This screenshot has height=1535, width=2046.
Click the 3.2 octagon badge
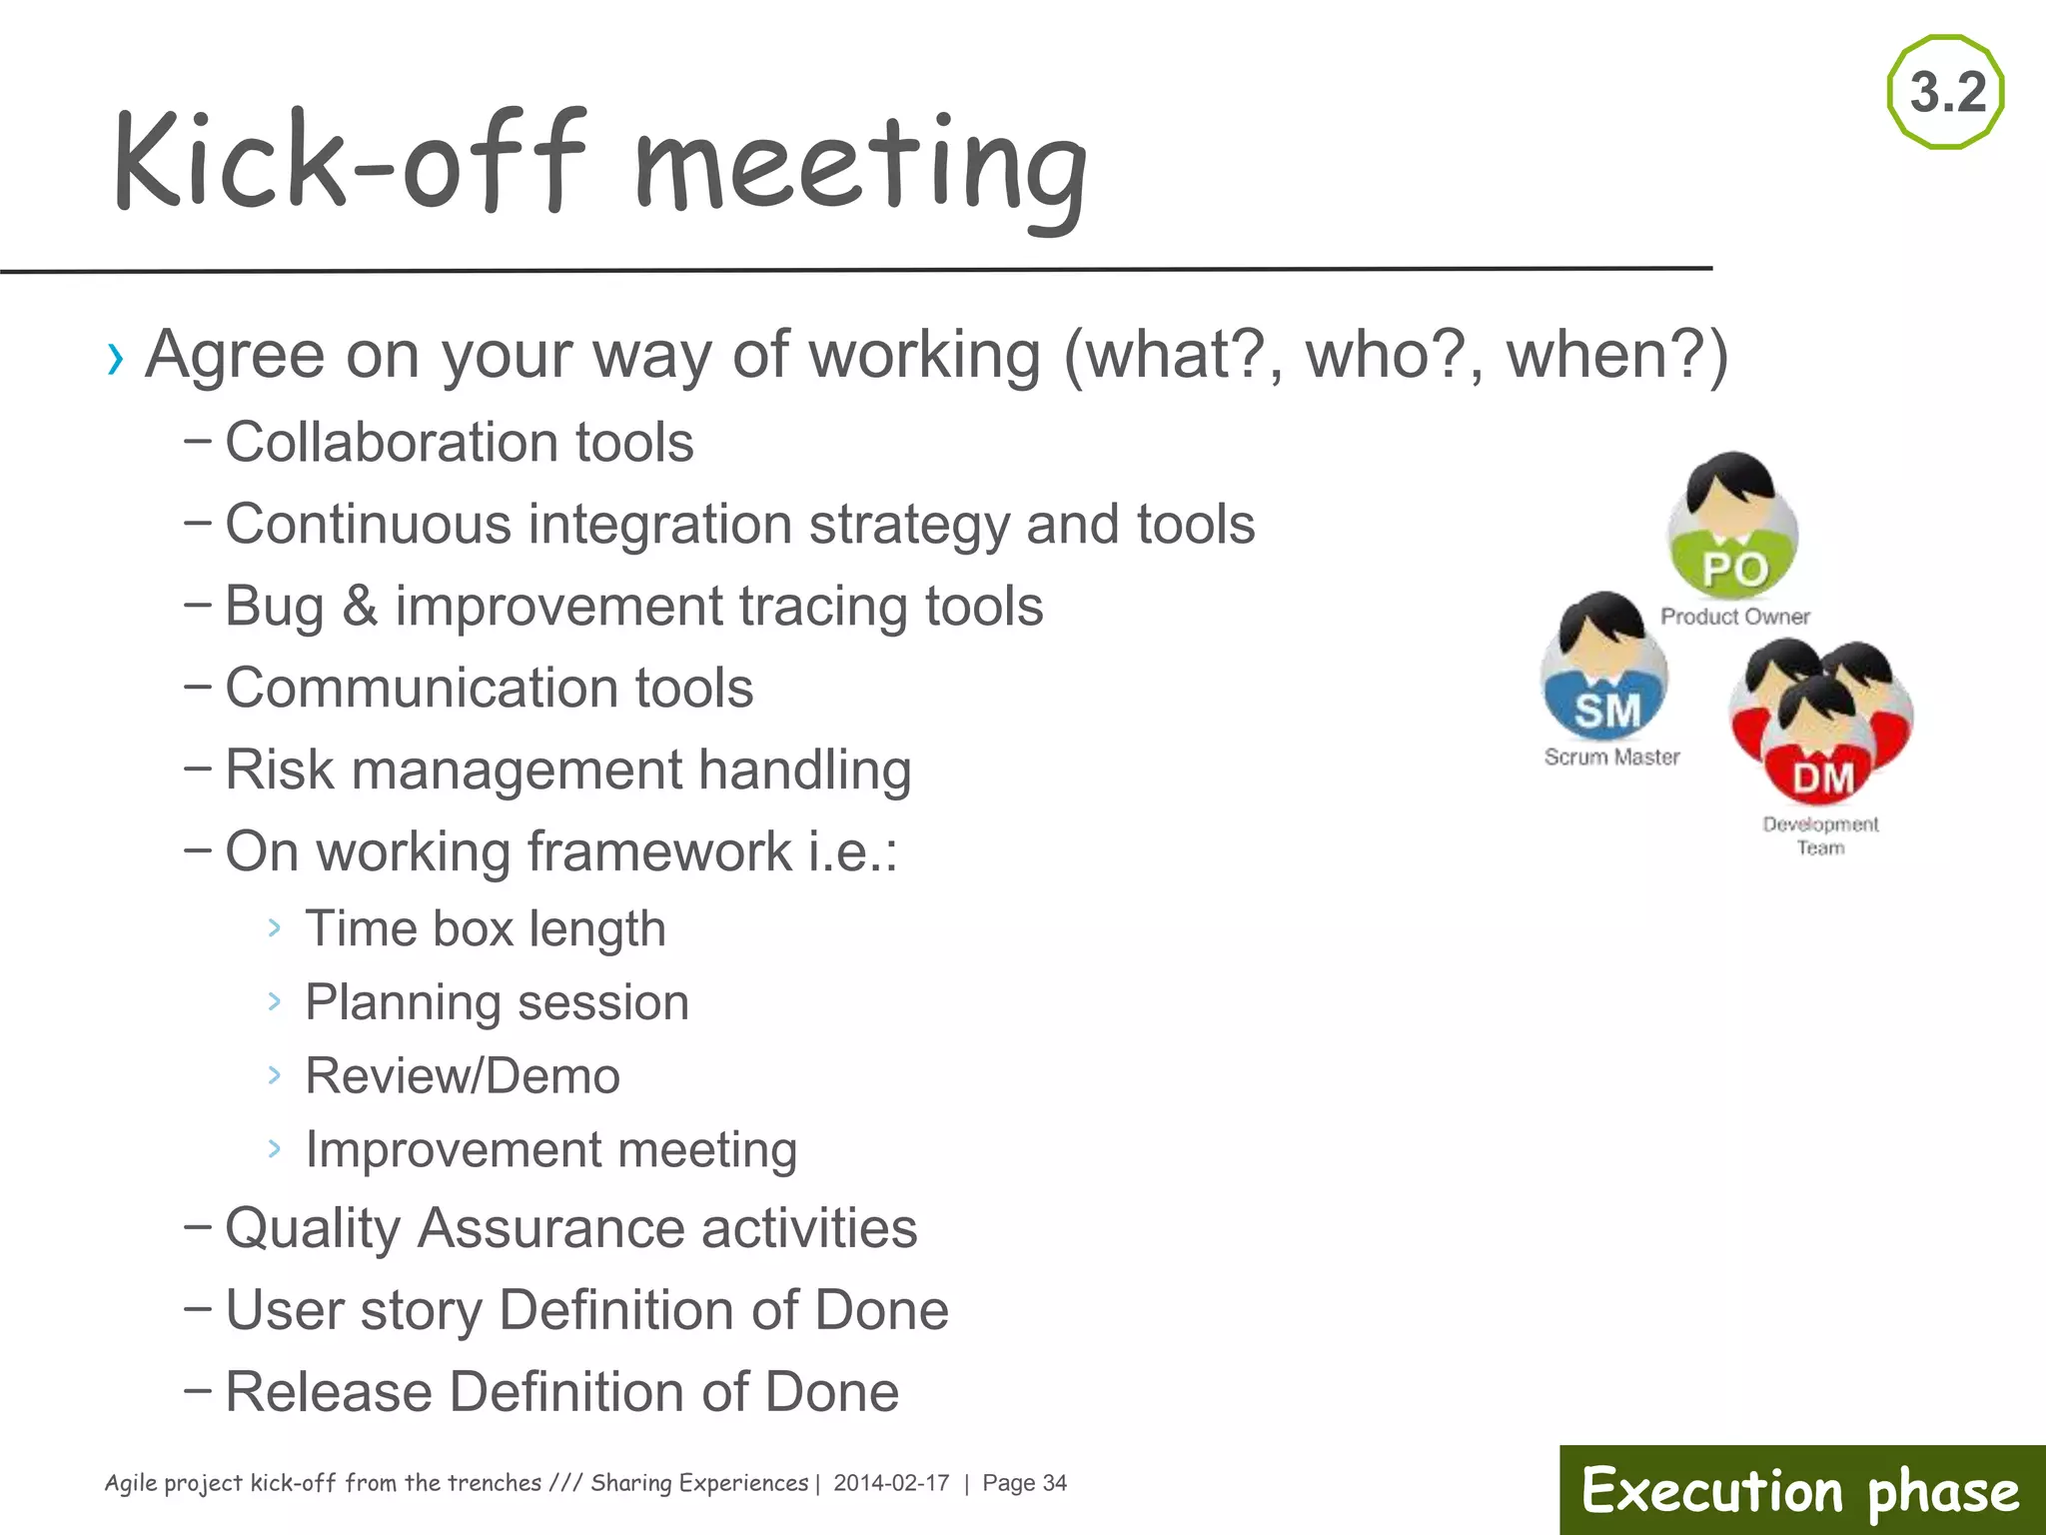coord(1946,92)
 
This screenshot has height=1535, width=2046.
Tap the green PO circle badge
coord(1734,568)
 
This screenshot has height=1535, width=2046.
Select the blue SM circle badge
coord(1606,710)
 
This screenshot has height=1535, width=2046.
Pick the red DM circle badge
coord(1822,777)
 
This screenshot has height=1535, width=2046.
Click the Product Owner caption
coord(1735,617)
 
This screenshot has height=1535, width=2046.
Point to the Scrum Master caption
coord(1611,757)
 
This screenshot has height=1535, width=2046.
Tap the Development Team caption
coord(1820,835)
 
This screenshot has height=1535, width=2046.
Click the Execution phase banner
coord(1801,1490)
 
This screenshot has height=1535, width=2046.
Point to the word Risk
coord(279,769)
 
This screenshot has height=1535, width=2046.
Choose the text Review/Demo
coord(463,1076)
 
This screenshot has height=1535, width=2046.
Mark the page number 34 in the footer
coord(1055,1483)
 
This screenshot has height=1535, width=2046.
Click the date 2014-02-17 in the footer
coord(891,1483)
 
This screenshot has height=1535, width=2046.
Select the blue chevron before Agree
coord(116,358)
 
